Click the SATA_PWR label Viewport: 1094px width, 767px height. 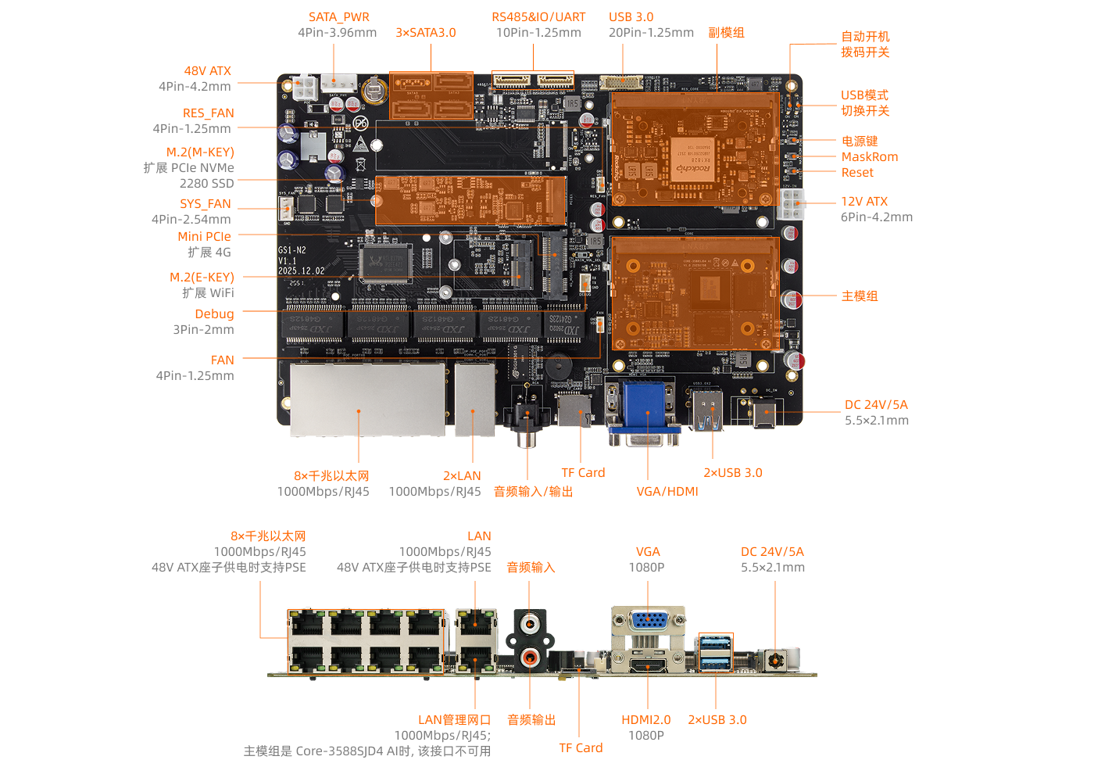coord(338,16)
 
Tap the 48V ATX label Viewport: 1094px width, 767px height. coord(207,70)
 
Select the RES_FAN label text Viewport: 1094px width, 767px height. coord(208,113)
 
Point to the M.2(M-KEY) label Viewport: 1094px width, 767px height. coord(200,152)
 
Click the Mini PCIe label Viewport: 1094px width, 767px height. coord(204,236)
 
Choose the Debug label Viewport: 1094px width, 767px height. coord(214,314)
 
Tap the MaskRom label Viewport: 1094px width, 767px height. coord(869,156)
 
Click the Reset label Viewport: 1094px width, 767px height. coord(857,172)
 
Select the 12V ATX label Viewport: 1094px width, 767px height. coord(863,201)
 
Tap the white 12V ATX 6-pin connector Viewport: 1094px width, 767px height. coord(792,203)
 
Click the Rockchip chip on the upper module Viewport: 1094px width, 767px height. coord(694,159)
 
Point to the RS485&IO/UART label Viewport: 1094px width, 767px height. coord(538,16)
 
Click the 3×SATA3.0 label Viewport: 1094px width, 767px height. coord(425,32)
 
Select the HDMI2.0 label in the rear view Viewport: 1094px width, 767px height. coord(645,719)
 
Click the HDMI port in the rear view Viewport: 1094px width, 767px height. coord(648,666)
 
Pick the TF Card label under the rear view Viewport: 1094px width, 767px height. coord(581,747)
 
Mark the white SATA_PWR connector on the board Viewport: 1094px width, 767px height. coord(338,82)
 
